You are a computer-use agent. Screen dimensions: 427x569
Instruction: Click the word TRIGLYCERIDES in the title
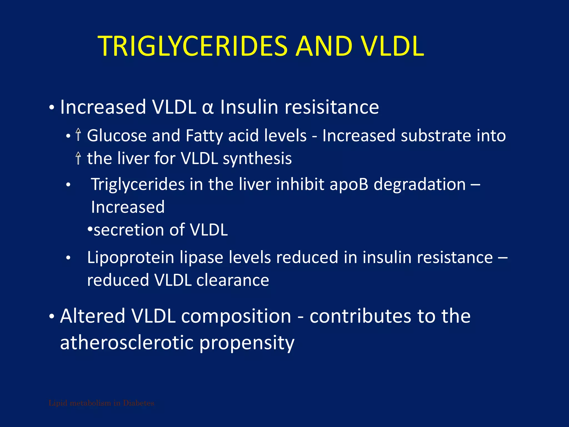(193, 46)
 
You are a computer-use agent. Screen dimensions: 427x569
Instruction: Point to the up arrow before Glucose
(78, 135)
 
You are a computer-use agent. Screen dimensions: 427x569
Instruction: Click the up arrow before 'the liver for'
(78, 158)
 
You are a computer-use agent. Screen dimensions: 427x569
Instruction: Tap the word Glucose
(117, 136)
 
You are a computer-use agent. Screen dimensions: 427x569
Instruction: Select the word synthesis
(257, 159)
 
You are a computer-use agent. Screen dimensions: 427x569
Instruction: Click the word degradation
(420, 185)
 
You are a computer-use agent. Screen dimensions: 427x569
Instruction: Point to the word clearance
(233, 280)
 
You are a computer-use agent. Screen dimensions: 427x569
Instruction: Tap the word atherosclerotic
(127, 342)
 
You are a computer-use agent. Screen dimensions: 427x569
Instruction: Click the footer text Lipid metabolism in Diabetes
(101, 403)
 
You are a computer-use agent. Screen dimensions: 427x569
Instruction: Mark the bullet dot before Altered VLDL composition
(51, 317)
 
